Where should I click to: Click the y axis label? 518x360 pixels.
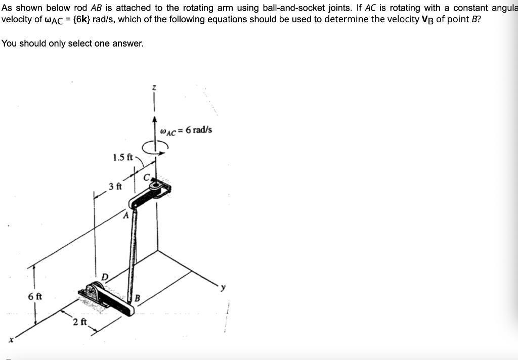(221, 287)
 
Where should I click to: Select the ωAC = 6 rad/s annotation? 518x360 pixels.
(186, 130)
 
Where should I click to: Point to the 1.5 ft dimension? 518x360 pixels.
(122, 157)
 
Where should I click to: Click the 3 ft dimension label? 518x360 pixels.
(115, 186)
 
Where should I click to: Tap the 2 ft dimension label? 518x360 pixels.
(79, 322)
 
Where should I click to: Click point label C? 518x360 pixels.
(147, 177)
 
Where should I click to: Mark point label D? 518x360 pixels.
(105, 276)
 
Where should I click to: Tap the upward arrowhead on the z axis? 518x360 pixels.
(156, 120)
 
